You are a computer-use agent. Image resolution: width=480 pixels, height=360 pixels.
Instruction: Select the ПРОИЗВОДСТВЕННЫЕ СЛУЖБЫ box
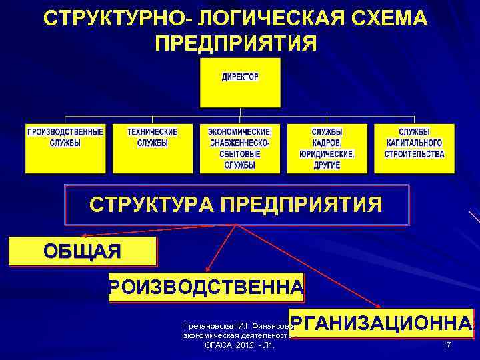(x=65, y=148)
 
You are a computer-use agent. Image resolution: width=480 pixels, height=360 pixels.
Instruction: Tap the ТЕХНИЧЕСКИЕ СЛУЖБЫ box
(x=152, y=148)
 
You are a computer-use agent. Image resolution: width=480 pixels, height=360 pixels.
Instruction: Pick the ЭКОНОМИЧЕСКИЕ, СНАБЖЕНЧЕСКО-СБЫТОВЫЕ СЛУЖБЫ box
(x=239, y=148)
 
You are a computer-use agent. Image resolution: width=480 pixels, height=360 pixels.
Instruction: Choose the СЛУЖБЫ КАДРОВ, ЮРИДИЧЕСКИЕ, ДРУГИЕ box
(x=327, y=148)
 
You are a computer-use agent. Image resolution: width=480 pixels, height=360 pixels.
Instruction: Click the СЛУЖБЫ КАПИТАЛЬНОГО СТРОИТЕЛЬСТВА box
(x=414, y=148)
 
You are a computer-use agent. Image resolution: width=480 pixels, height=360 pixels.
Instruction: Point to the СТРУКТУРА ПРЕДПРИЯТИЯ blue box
(x=236, y=205)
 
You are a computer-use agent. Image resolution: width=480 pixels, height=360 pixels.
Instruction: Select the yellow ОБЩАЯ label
(x=82, y=252)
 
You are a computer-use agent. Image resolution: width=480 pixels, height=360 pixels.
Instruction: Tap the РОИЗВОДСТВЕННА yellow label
(x=206, y=288)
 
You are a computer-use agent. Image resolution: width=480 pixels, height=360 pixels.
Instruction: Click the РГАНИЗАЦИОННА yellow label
(x=381, y=324)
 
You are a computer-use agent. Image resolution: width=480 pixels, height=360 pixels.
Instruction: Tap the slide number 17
(x=447, y=345)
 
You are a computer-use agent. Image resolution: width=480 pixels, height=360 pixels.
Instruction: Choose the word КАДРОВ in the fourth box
(x=327, y=143)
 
